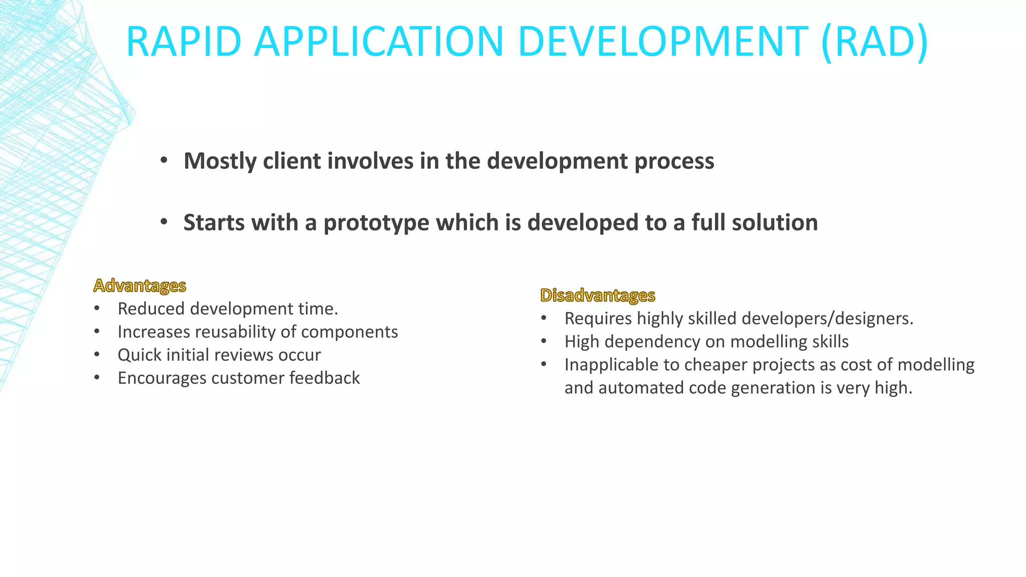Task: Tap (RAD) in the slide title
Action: [x=874, y=42]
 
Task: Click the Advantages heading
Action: [x=140, y=285]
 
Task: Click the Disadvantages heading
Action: [x=597, y=296]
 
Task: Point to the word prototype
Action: [x=376, y=223]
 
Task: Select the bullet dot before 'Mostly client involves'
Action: [x=164, y=161]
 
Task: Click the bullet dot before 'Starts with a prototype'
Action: [x=164, y=222]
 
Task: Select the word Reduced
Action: [x=151, y=309]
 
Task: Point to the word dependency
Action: [x=657, y=342]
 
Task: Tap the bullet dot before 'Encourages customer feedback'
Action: [x=97, y=378]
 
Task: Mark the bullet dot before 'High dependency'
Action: [x=544, y=342]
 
